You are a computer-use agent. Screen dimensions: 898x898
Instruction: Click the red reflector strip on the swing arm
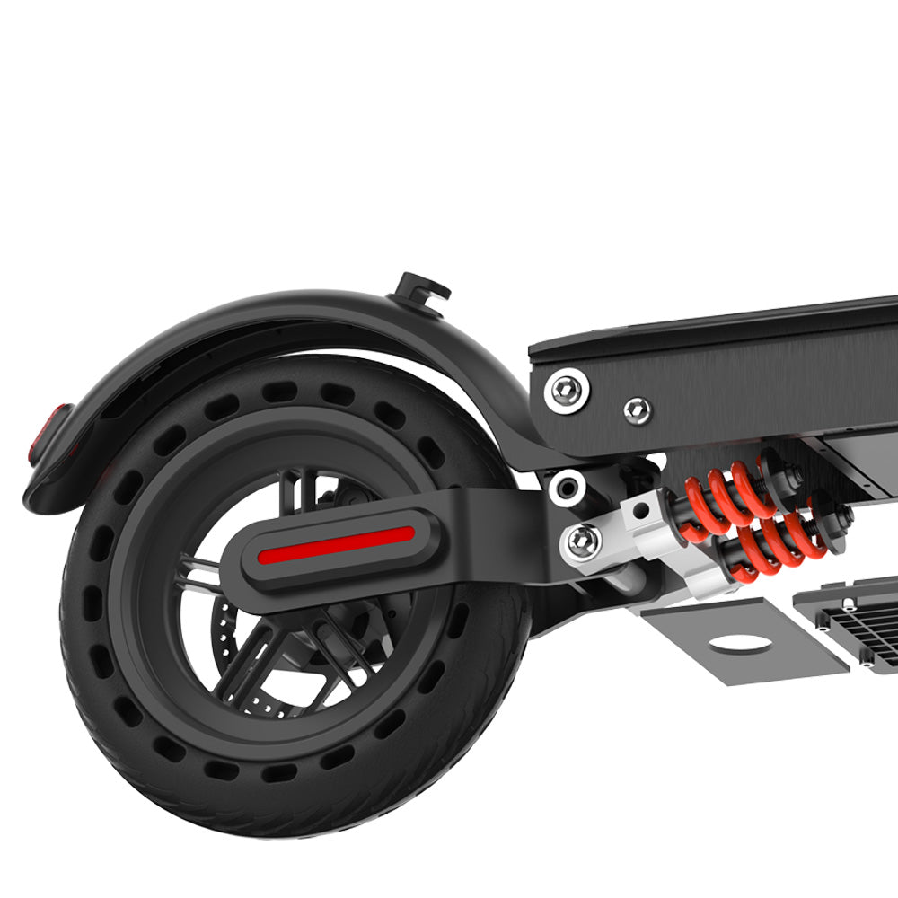[x=336, y=544]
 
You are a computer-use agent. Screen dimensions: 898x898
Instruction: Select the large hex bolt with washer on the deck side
[x=568, y=389]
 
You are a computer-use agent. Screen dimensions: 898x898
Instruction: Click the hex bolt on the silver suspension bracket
[x=583, y=541]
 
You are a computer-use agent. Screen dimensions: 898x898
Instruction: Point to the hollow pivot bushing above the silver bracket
[x=568, y=488]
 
